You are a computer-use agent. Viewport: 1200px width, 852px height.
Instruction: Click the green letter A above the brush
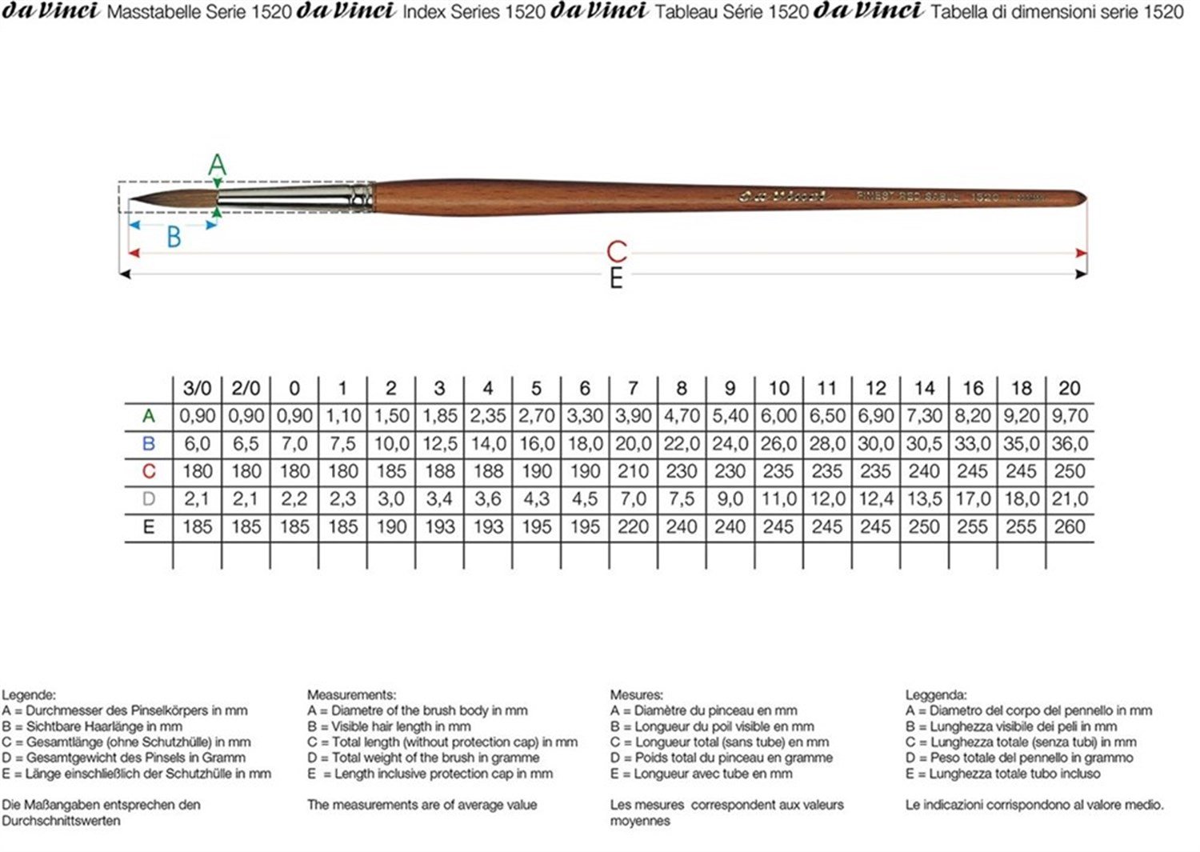point(217,165)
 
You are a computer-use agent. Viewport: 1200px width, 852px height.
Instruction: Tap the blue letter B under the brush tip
point(174,238)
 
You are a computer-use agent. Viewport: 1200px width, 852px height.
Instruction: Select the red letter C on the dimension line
point(616,251)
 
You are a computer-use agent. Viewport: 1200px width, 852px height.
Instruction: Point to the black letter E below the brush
point(616,278)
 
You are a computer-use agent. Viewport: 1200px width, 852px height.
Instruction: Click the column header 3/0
point(197,389)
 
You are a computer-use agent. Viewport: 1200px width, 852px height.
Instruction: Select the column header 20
point(1069,389)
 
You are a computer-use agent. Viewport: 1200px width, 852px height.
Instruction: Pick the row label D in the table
point(148,499)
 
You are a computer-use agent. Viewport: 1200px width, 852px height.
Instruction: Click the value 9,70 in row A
point(1069,416)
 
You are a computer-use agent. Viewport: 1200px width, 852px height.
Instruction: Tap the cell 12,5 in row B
point(439,444)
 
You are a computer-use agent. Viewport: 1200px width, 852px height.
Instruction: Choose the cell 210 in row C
point(633,471)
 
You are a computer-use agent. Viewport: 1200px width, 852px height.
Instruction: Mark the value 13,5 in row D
point(924,499)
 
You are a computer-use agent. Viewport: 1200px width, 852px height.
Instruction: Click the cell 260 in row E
point(1069,527)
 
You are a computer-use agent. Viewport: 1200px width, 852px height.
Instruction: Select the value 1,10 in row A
point(342,416)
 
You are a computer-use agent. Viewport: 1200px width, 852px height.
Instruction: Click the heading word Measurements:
point(351,695)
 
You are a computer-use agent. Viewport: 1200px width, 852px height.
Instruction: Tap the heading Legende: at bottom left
point(29,695)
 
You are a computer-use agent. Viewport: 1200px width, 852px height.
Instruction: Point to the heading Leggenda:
point(936,695)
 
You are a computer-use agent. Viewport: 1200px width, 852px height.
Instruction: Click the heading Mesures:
point(636,695)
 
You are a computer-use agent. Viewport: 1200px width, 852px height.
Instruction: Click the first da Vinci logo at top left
point(50,11)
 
